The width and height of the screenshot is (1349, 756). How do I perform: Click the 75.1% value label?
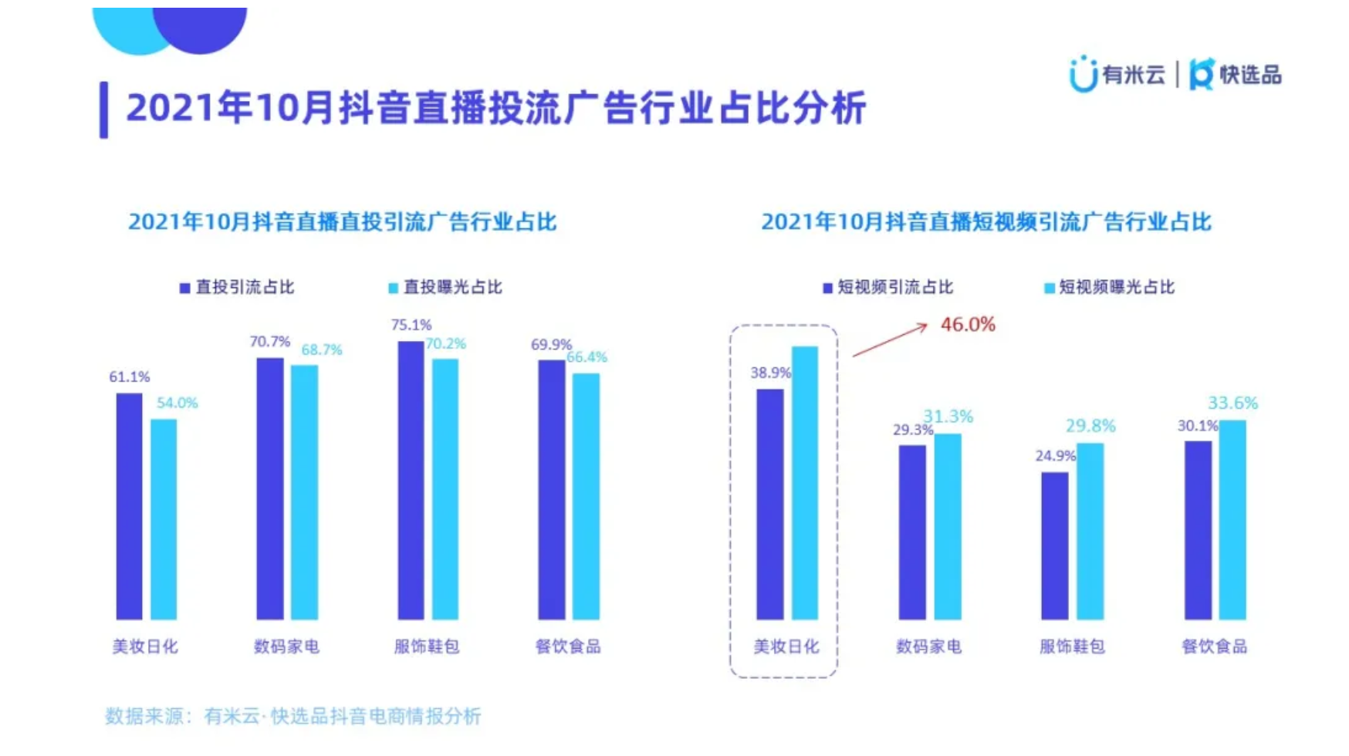411,325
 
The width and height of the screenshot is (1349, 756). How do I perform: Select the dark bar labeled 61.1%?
129,506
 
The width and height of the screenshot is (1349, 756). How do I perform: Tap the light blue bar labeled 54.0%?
164,519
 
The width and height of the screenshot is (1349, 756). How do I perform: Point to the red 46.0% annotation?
967,325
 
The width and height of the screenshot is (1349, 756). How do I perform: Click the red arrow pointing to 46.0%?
889,340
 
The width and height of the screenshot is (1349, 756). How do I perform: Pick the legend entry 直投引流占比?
237,288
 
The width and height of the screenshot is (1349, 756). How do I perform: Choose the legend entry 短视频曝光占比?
1108,288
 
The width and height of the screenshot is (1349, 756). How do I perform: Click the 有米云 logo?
1117,75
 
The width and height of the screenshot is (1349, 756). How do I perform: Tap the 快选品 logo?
1236,75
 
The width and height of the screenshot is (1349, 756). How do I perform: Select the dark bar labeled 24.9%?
1054,545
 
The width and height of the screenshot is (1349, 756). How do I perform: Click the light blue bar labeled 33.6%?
1232,519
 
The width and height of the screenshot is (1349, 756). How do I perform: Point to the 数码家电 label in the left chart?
286,646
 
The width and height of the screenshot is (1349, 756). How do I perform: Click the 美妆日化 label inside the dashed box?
786,646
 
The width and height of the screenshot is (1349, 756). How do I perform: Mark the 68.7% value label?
321,349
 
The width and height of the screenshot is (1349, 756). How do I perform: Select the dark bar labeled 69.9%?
551,489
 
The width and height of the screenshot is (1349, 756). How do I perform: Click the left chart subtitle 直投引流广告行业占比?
342,222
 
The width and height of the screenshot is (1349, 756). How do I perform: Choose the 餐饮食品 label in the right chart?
1214,646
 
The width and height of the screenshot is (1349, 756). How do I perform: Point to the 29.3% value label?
912,430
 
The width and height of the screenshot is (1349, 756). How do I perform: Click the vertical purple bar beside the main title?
103,110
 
